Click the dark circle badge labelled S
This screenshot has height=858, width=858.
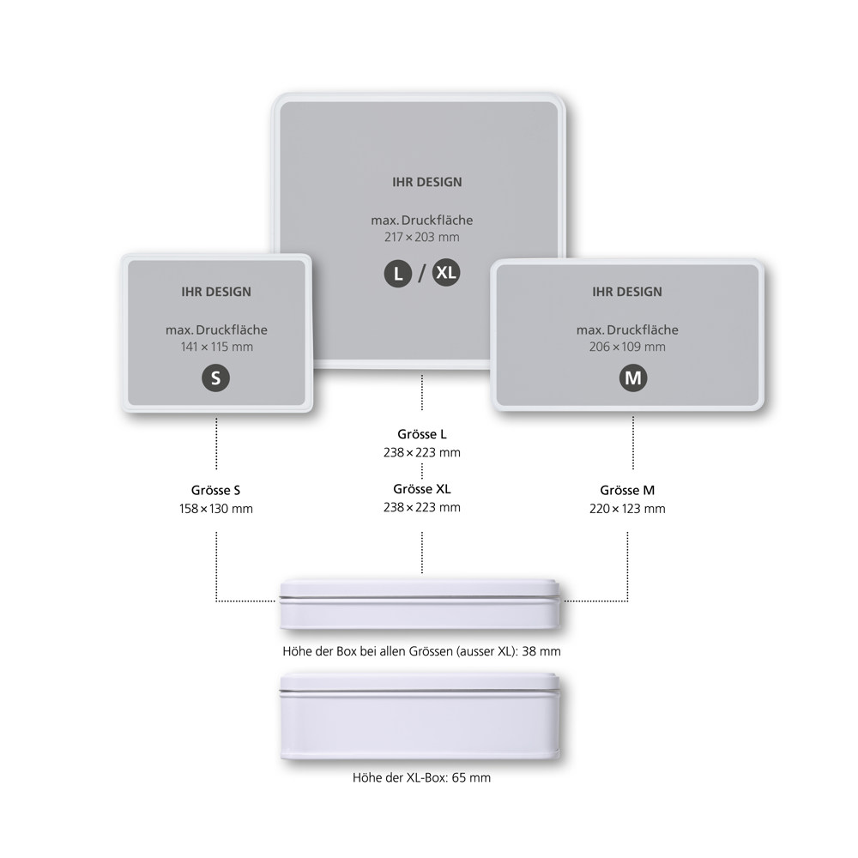[215, 378]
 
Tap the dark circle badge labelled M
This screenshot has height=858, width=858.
[633, 378]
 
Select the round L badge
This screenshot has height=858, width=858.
[398, 273]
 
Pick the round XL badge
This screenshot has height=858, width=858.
[446, 272]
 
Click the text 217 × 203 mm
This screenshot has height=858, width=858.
[422, 237]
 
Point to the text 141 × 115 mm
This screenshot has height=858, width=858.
[217, 347]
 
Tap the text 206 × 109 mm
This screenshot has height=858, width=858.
[628, 347]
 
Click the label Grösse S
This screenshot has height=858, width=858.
[215, 490]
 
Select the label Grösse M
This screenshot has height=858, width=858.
[627, 490]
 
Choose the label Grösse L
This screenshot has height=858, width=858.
[422, 434]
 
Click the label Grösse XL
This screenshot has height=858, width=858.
[422, 489]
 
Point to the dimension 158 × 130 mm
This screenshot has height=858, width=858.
[216, 508]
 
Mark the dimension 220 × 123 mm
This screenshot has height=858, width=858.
[628, 508]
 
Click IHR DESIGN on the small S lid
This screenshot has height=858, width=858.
[216, 292]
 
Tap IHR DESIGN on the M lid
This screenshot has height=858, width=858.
[627, 292]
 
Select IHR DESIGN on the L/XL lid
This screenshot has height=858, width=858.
[426, 182]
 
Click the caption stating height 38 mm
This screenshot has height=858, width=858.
[421, 651]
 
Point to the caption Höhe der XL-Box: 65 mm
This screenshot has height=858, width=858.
[421, 777]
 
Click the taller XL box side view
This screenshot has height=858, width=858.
[420, 716]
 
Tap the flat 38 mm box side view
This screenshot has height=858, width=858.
[420, 604]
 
